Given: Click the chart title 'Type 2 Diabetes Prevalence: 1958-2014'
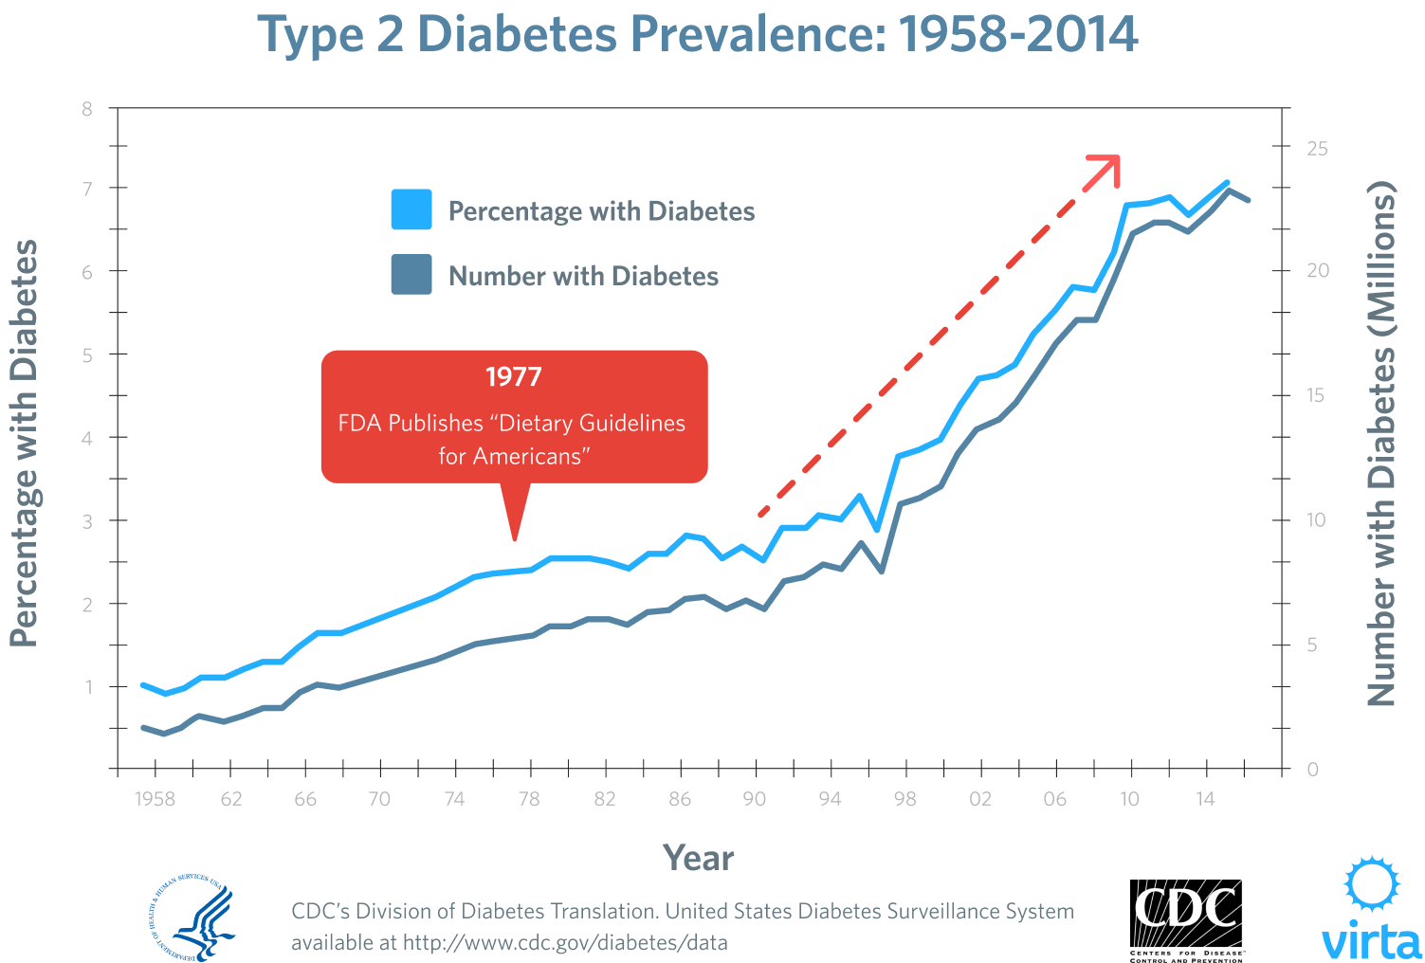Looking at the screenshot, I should pos(698,34).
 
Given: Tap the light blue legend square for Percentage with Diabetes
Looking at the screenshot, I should pos(411,209).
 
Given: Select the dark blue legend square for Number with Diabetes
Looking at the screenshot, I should pos(411,275).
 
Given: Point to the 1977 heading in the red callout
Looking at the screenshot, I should pos(514,377).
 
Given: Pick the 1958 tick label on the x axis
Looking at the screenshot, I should pos(155,799).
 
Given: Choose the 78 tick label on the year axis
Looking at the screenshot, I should pos(529,799).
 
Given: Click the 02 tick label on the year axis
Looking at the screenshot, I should pos(979,799).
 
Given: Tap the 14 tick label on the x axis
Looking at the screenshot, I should pos(1204,799).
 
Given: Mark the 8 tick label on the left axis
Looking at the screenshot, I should pos(87,108).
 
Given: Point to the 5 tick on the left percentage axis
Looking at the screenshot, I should pos(87,354).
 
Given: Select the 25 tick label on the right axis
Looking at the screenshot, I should pos(1317,149).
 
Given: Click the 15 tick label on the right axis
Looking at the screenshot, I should pos(1317,395).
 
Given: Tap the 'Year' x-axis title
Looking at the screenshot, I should pos(698,858).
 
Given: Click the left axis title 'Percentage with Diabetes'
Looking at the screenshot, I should pos(24,443).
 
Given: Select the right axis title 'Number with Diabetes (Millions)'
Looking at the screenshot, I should pos(1381,443).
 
